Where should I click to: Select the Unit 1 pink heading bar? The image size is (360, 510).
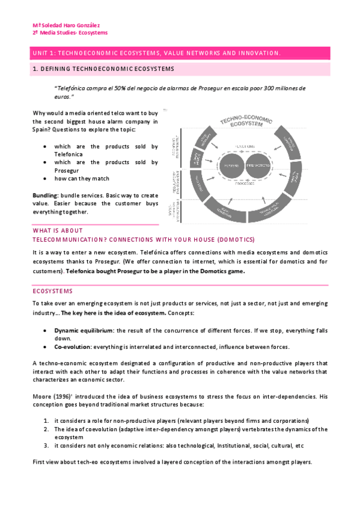(x=180, y=54)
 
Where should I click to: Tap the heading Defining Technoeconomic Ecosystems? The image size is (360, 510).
(x=103, y=70)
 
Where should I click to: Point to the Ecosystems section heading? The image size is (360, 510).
(x=52, y=291)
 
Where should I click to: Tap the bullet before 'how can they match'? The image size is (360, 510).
(x=46, y=179)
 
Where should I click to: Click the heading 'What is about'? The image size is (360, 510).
(x=58, y=231)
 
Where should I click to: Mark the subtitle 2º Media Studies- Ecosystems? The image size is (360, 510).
(x=70, y=33)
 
